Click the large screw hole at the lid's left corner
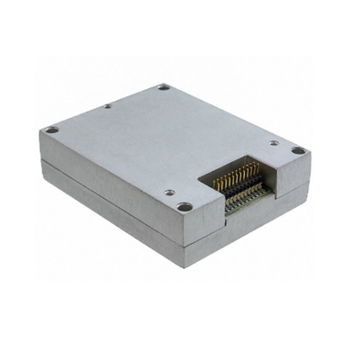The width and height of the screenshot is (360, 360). (x=52, y=130)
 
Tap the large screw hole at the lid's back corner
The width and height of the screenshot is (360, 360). (x=164, y=87)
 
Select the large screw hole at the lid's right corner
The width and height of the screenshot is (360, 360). (x=298, y=150)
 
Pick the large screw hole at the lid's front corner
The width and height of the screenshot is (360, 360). (x=184, y=207)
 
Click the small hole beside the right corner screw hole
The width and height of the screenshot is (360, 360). (x=274, y=142)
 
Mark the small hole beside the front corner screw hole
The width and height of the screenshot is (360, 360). (x=168, y=193)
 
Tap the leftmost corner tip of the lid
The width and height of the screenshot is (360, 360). (x=40, y=131)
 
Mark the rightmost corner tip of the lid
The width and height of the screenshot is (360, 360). (x=311, y=154)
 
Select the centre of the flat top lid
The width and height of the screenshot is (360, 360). (x=171, y=144)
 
